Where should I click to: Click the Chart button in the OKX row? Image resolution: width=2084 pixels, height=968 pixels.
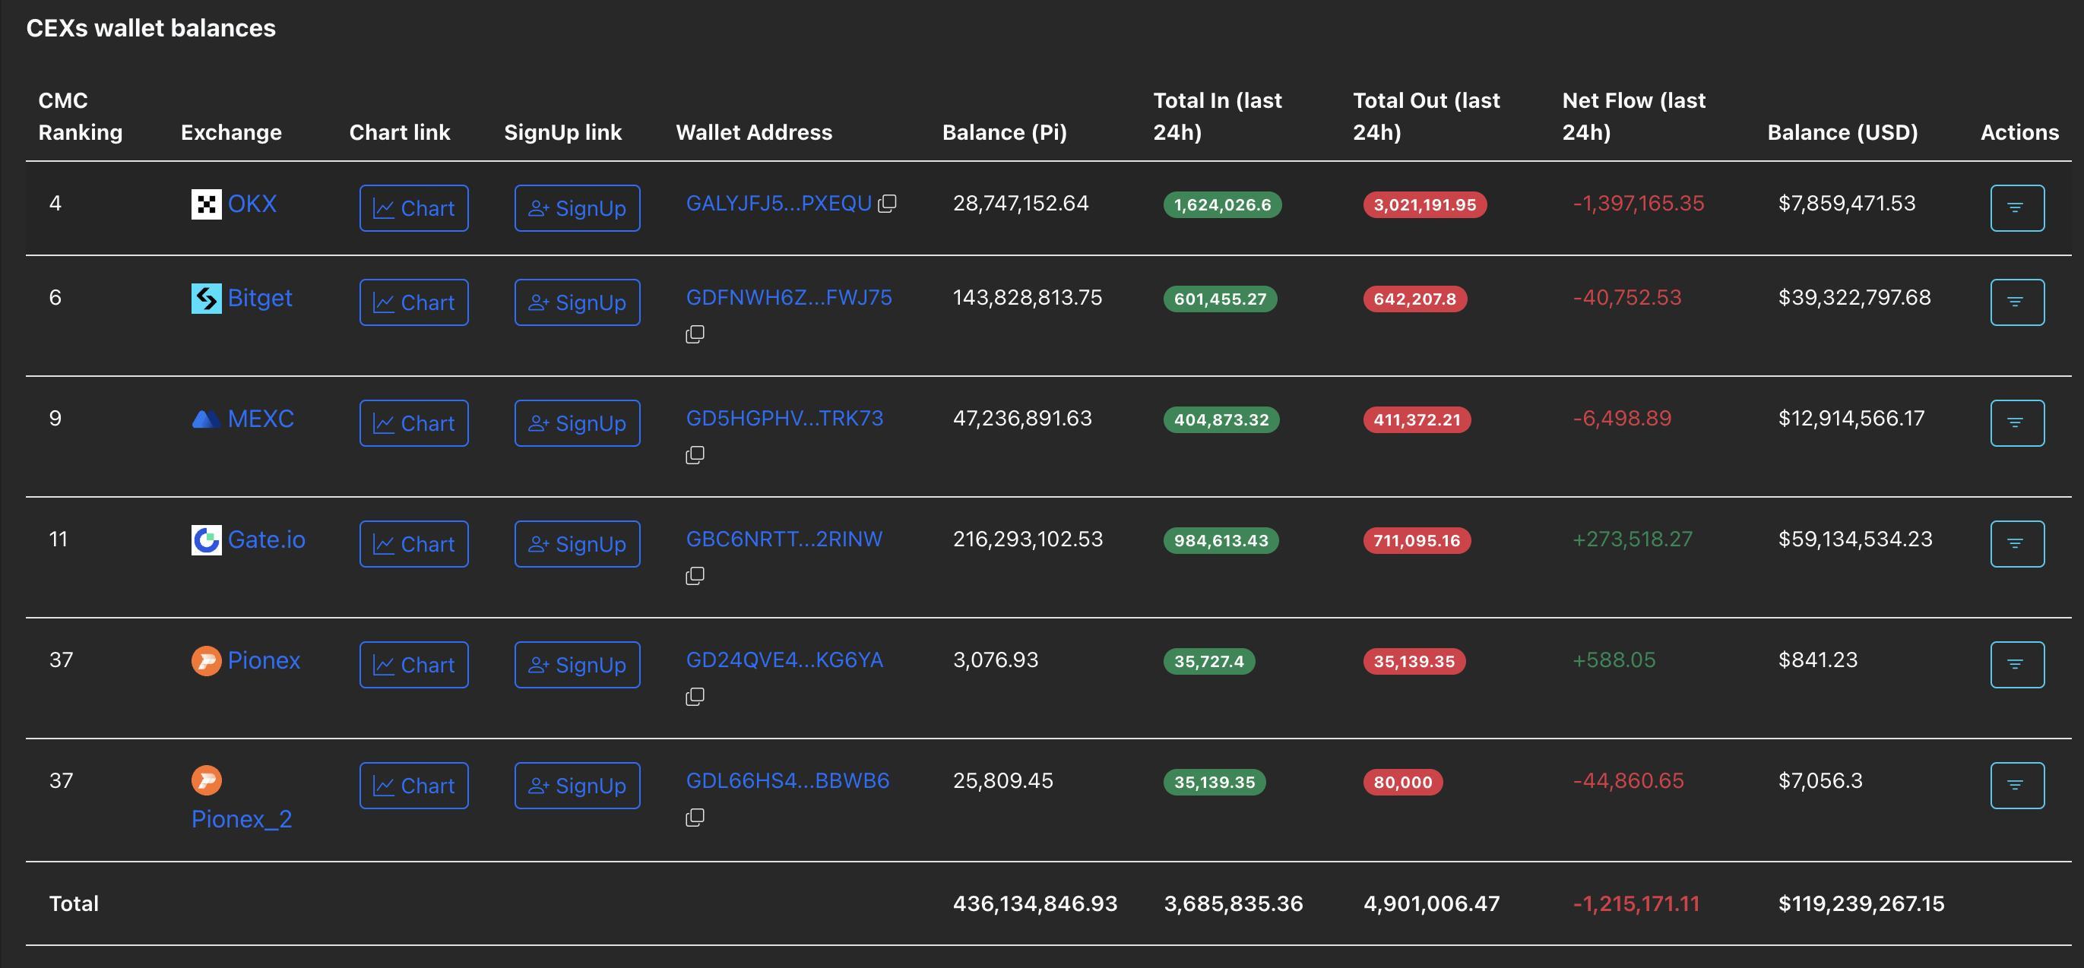pos(413,208)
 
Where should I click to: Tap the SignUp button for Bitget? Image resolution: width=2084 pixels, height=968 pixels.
pos(577,302)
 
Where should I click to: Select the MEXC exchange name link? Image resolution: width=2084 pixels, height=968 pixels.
pos(260,418)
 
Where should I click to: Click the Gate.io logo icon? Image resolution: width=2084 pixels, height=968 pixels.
pos(206,539)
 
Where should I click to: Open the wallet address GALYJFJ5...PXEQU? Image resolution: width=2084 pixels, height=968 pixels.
pos(778,203)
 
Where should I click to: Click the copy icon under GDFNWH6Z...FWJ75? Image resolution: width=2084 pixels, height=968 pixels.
pos(695,334)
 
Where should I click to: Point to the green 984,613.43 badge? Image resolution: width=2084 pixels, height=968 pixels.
pos(1220,540)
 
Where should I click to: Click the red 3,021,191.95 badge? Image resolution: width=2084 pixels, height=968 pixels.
pos(1424,204)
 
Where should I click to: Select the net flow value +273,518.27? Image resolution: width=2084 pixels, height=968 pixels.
pos(1632,539)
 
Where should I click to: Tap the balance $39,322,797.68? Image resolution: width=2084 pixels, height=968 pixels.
pos(1854,298)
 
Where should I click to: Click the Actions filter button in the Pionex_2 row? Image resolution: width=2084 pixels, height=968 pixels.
pos(2017,785)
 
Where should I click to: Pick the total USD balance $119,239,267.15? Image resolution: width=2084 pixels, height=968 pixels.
pos(1861,903)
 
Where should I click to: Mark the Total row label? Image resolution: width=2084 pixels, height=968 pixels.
pos(74,903)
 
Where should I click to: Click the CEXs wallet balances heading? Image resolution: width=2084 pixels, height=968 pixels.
pos(150,28)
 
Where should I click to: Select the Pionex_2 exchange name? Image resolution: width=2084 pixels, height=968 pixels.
pos(241,819)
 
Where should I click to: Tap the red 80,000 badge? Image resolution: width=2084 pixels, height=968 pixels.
pos(1402,782)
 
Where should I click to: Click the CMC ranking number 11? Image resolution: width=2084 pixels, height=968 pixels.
pos(59,539)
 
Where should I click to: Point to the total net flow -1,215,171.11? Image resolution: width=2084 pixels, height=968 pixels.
pos(1636,903)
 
